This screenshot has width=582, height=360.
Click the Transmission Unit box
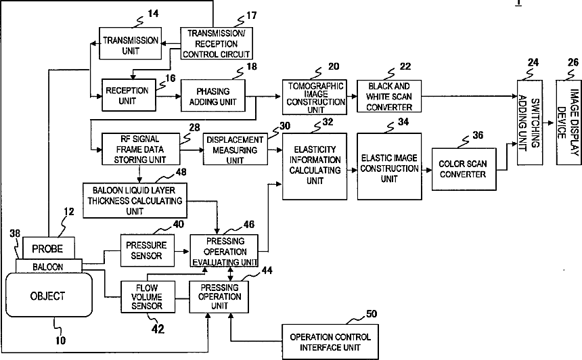pos(131,43)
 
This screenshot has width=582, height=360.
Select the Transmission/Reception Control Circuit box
pos(217,43)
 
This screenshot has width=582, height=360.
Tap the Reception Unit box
pos(129,95)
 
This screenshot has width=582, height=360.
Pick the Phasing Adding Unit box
pos(213,96)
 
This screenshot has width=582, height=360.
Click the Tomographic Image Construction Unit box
pos(315,97)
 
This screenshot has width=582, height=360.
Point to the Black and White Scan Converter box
pos(389,96)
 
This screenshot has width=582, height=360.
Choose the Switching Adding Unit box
pos(530,122)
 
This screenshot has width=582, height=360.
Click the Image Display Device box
pos(568,122)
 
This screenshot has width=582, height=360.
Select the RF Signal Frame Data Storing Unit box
pos(141,149)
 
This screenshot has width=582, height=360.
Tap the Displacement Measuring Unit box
pos(236,149)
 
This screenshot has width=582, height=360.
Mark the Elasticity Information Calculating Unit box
pos(315,166)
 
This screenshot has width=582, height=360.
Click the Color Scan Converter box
pos(464,169)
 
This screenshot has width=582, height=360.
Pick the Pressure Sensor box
pos(148,250)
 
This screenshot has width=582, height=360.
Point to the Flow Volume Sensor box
pos(148,296)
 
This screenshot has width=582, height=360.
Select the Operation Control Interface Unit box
pos(330,342)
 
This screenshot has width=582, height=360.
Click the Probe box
pos(48,248)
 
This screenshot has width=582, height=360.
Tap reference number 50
pos(372,314)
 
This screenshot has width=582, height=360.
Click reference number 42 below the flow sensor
pos(158,329)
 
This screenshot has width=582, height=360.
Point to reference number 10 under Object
pos(60,340)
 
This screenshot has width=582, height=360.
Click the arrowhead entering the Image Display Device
pos(552,123)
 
